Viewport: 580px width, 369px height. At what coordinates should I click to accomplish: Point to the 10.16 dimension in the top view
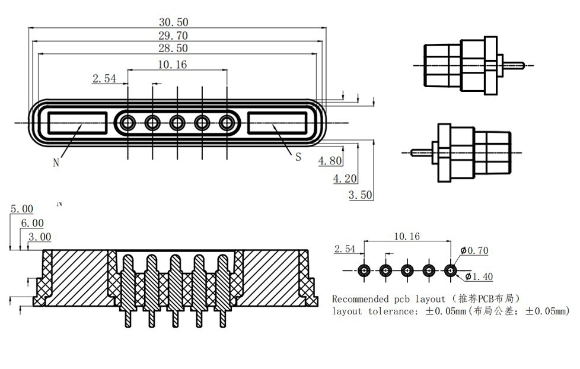[173, 64]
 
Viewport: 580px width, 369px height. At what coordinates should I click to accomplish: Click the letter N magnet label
[56, 163]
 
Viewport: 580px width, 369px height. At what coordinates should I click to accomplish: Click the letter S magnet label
[298, 157]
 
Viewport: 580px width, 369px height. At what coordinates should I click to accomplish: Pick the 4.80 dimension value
[330, 161]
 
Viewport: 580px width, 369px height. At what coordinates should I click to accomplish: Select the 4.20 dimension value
[345, 178]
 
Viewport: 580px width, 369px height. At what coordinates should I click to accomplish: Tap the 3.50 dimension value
[360, 195]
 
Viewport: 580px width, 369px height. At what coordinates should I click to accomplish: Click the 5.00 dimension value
[22, 209]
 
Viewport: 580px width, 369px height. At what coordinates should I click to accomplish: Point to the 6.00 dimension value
[32, 223]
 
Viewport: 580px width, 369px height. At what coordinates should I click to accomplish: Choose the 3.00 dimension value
[40, 237]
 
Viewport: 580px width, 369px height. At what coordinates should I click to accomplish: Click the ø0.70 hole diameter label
[474, 251]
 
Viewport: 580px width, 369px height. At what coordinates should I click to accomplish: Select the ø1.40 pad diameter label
[479, 276]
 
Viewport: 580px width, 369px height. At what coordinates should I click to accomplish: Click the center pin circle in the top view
[177, 123]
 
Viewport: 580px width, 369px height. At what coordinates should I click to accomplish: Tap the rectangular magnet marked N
[78, 123]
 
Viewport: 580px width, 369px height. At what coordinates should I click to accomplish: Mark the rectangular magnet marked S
[276, 123]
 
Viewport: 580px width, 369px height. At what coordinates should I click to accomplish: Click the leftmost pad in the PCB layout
[364, 271]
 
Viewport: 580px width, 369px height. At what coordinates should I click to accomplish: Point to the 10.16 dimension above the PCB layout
[407, 236]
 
